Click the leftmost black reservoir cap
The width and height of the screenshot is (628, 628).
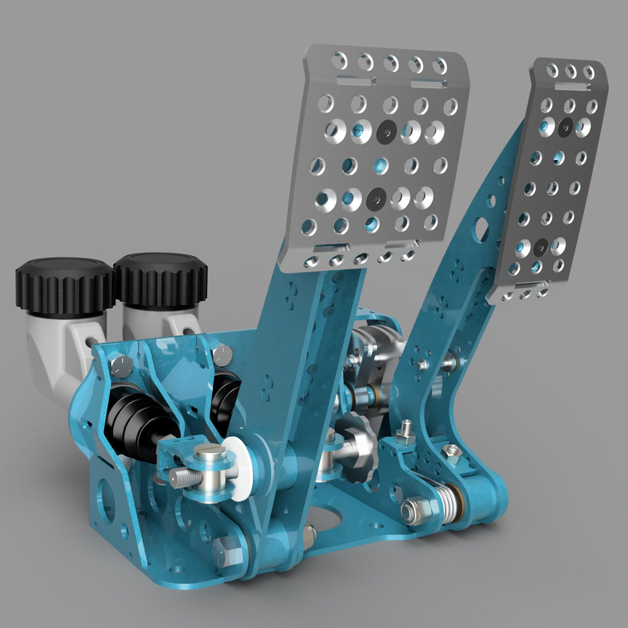(64, 286)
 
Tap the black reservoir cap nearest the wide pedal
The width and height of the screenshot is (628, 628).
(161, 279)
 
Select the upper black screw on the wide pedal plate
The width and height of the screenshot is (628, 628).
(386, 131)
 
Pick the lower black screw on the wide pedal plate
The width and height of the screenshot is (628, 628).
(375, 199)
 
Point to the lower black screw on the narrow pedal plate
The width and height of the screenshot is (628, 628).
(540, 247)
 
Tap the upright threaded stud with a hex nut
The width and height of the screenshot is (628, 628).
(405, 433)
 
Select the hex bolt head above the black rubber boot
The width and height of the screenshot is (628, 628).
(120, 366)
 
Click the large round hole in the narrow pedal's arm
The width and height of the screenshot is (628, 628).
(481, 229)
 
